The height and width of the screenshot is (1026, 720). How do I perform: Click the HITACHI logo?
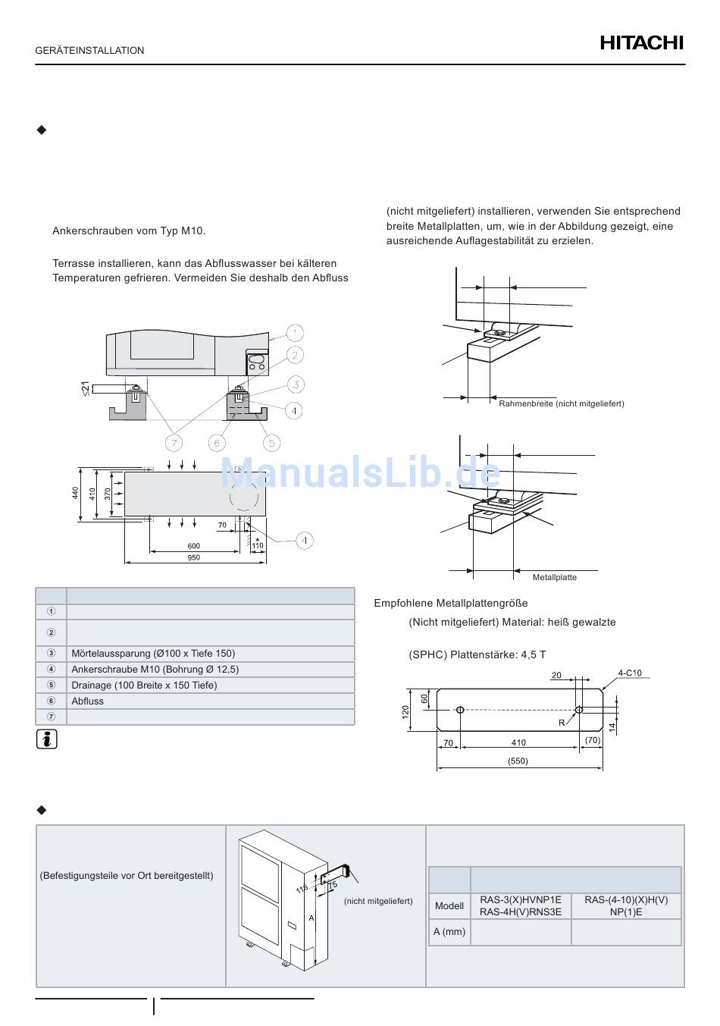[641, 43]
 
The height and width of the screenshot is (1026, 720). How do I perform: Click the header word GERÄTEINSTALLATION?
[89, 51]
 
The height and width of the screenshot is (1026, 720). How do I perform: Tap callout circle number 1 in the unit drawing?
[294, 332]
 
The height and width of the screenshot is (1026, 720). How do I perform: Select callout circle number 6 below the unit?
[217, 443]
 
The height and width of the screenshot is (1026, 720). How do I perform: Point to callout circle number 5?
[271, 443]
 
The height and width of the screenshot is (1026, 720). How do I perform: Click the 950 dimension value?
[194, 557]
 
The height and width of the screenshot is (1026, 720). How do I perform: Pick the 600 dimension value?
[194, 546]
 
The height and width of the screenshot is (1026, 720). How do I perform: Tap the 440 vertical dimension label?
[76, 493]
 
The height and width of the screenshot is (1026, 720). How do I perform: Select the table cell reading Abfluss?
[87, 701]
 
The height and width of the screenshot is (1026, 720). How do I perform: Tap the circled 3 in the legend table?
[52, 654]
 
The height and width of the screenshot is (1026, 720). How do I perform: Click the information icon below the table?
[47, 740]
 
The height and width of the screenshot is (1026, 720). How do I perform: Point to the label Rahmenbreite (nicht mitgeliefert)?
[562, 404]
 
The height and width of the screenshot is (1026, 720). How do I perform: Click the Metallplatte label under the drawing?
[554, 578]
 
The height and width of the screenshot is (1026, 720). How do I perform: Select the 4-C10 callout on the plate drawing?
[629, 673]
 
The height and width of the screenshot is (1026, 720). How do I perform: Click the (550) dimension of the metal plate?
[518, 761]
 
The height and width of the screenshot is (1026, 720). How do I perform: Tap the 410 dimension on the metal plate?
[518, 743]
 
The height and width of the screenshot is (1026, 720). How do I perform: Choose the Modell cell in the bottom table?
[449, 906]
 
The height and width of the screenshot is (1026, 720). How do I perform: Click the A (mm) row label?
[449, 932]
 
